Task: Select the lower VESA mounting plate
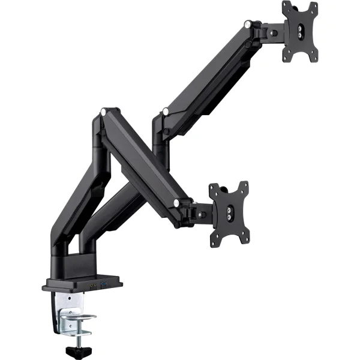[x=229, y=212]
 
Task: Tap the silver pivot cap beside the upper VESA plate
[x=247, y=25]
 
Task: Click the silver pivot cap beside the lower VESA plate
[x=176, y=204]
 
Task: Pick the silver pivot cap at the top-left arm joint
[x=104, y=111]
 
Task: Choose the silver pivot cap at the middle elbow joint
[x=164, y=111]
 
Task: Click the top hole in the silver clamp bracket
[x=70, y=298]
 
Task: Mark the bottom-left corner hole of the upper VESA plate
[x=287, y=56]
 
